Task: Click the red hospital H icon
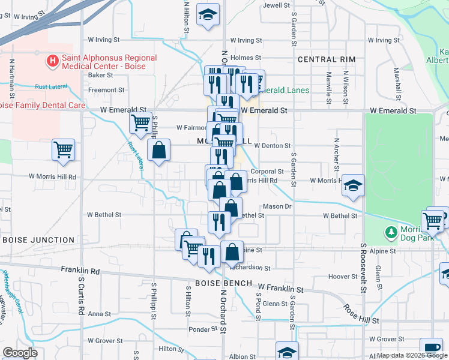pos(53,61)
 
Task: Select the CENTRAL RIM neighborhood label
pos(326,59)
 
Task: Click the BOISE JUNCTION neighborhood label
pos(38,239)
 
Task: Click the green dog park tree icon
pos(391,232)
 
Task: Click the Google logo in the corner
pos(20,353)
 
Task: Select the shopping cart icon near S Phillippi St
pos(140,122)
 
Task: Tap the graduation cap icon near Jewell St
pos(208,16)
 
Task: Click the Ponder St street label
pos(202,329)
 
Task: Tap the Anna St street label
pos(95,314)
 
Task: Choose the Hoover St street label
pos(343,277)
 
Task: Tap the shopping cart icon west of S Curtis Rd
pos(63,150)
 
